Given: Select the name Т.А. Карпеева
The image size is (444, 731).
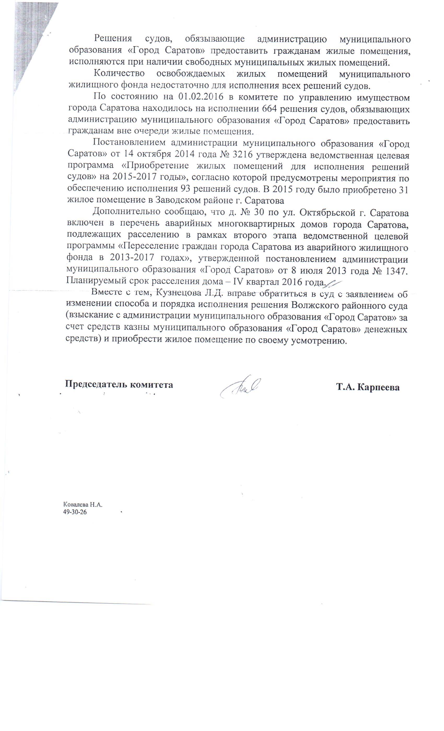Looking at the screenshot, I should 368,387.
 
